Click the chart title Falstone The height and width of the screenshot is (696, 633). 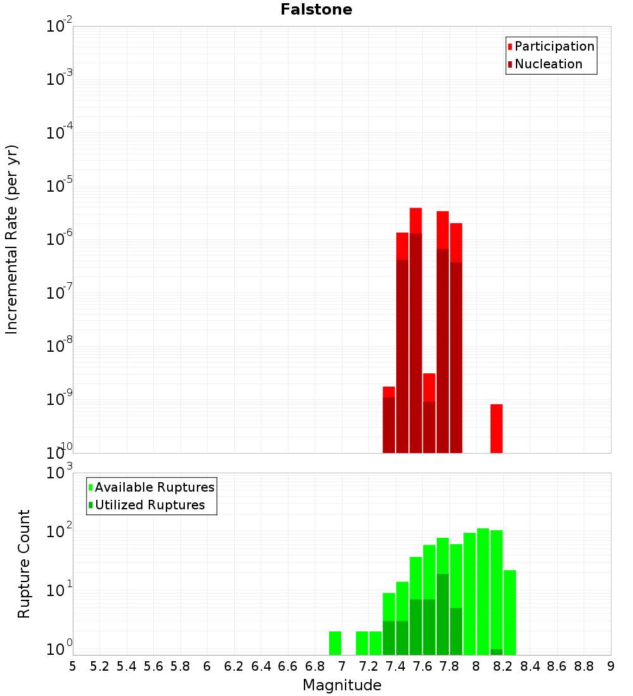316,9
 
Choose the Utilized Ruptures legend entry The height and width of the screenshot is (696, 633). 149,505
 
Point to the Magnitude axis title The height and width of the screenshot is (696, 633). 342,685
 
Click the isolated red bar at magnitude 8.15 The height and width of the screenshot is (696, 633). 496,428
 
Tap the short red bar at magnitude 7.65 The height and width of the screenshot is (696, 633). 429,387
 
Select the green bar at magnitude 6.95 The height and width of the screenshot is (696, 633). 335,643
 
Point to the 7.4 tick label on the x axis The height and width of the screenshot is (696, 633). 396,666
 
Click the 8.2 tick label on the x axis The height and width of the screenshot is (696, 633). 503,666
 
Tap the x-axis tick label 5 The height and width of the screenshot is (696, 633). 73,666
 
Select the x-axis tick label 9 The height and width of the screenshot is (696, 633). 611,666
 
